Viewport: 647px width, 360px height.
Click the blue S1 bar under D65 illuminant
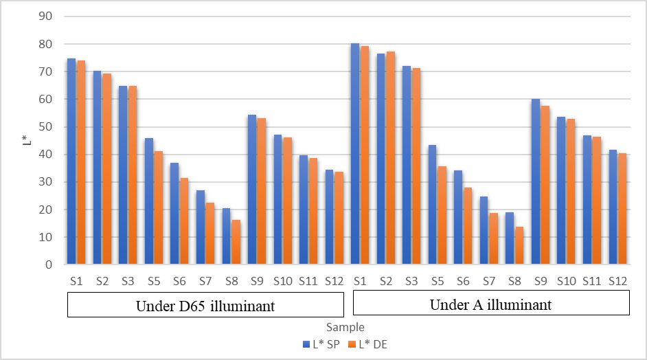71,161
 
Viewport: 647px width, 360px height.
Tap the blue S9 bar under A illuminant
536,182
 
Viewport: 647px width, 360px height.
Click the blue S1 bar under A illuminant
355,154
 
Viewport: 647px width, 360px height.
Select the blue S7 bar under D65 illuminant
201,227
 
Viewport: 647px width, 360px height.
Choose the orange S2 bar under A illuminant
391,158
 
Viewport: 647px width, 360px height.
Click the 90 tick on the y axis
49,16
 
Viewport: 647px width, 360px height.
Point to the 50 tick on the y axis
49,127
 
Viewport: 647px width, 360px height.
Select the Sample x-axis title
345,327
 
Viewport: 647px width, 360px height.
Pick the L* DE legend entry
367,344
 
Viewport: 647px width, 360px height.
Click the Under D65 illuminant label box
205,305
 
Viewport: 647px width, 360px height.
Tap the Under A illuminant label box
491,304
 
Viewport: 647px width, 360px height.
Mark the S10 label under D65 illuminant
282,280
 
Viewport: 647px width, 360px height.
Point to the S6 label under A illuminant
463,280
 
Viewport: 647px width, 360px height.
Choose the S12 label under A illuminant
617,280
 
